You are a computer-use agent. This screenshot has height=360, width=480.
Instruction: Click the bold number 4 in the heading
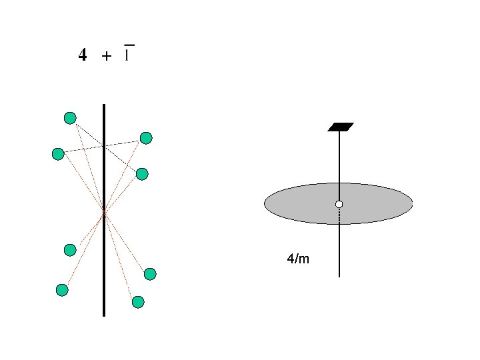coord(82,55)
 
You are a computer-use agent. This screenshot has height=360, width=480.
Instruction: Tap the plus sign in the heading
coord(106,57)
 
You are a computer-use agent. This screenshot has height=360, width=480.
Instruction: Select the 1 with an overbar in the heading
coord(128,53)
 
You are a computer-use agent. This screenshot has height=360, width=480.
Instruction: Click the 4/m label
coord(297,258)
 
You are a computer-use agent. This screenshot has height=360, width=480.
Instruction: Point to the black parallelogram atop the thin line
coord(340,127)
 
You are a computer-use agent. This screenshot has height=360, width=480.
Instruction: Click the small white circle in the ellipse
coord(339,203)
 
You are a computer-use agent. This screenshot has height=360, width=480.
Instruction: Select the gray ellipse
coord(300,203)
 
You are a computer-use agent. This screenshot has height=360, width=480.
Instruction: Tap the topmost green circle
coord(70,118)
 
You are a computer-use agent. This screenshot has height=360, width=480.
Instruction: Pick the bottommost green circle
coord(138,302)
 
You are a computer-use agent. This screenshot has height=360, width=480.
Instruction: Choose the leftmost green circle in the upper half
coord(58,154)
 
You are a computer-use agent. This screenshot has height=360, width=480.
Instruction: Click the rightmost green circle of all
coord(150,273)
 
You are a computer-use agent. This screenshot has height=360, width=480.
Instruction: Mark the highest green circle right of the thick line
coord(146,138)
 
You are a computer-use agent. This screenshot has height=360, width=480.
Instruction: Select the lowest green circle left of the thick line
coord(62,289)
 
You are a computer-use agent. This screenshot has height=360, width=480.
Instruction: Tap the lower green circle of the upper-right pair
coord(142,174)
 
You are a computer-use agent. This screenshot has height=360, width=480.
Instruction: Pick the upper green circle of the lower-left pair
coord(70,250)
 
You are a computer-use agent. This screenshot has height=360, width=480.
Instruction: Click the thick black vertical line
coord(104,267)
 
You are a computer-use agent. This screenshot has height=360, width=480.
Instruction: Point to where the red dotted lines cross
coord(104,213)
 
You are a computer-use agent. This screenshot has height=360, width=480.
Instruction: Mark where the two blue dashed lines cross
coord(103,146)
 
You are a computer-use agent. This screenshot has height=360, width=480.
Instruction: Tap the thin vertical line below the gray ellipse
coord(339,253)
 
